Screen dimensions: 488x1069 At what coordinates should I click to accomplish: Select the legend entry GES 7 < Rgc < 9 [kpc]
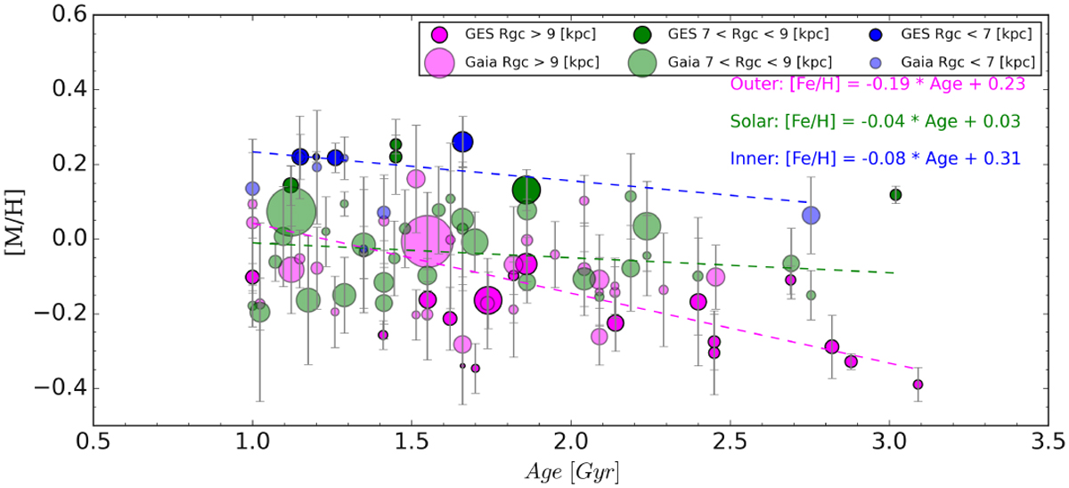(x=747, y=35)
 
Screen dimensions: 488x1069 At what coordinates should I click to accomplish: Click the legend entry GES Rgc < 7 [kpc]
(x=962, y=35)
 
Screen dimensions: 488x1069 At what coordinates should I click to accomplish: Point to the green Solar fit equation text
(x=875, y=121)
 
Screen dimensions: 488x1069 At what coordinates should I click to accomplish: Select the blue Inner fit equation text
(x=875, y=159)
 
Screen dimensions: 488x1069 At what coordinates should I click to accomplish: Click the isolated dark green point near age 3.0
(x=895, y=194)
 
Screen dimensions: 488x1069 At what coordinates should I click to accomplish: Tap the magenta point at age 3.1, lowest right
(x=918, y=385)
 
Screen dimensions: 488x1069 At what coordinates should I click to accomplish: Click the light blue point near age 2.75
(x=811, y=216)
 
